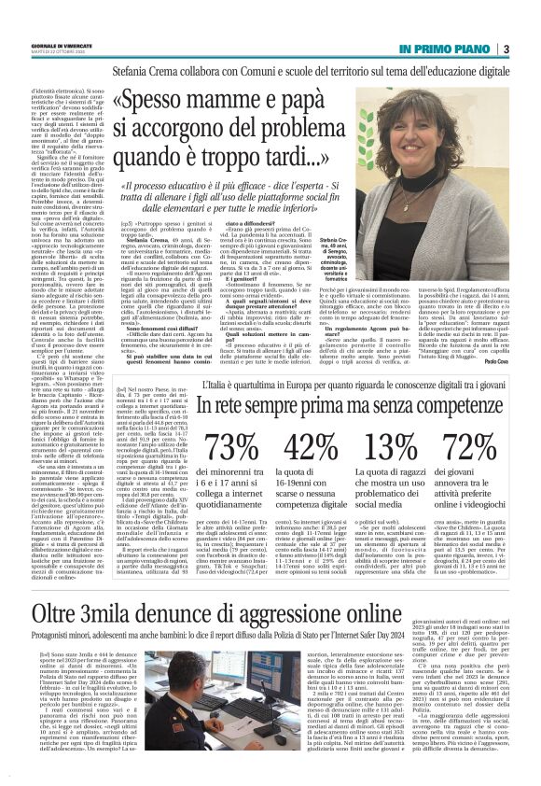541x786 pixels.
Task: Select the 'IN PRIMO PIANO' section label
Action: click(x=448, y=49)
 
